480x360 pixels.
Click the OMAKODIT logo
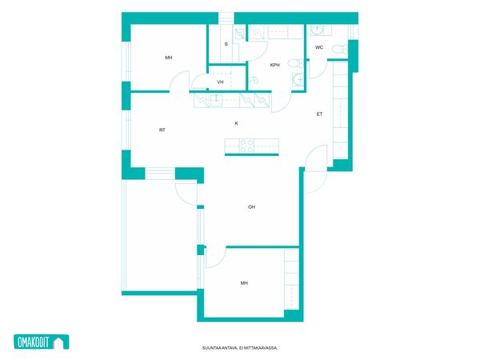[x=42, y=342]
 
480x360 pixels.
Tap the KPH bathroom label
[x=275, y=65]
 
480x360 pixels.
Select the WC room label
[x=319, y=47]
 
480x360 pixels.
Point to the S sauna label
[x=226, y=44]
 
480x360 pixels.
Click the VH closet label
[x=220, y=82]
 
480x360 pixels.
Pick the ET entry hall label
[x=319, y=114]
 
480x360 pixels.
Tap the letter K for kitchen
[x=236, y=123]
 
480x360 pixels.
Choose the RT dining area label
[x=162, y=130]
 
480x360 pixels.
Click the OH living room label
[x=251, y=207]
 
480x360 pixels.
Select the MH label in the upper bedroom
[x=169, y=58]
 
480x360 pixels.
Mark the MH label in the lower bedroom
[x=244, y=283]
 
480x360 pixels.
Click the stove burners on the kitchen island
[x=246, y=146]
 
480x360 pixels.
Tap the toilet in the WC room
[x=340, y=49]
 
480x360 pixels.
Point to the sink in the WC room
[x=317, y=30]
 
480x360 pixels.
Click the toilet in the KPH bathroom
[x=296, y=63]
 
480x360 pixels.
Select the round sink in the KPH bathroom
[x=298, y=79]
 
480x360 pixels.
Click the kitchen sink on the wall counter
[x=217, y=100]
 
